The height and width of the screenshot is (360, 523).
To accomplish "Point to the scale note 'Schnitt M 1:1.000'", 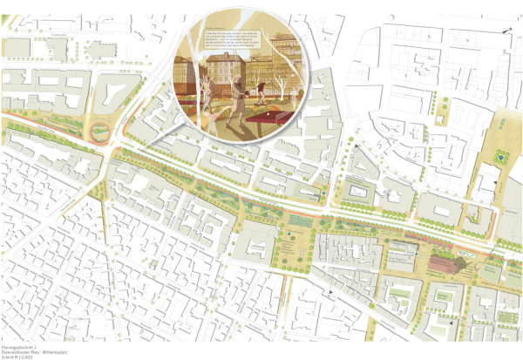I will [17, 355].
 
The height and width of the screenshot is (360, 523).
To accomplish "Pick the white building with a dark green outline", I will [357, 188].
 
